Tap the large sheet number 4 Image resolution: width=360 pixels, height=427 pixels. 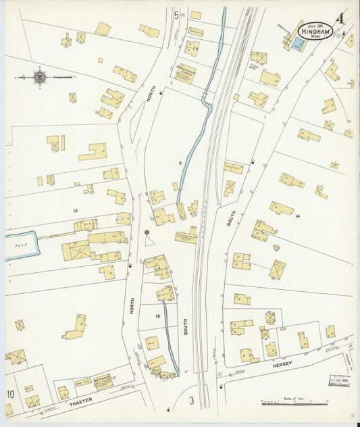click(x=342, y=19)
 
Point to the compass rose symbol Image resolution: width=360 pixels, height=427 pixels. click(x=40, y=78)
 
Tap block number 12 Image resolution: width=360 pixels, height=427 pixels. click(x=76, y=211)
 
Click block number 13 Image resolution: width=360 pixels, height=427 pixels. click(x=157, y=316)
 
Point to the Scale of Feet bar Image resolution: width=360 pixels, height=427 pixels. click(x=291, y=403)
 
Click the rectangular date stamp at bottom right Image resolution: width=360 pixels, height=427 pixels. click(x=339, y=382)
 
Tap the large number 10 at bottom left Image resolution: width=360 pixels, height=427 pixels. click(x=10, y=394)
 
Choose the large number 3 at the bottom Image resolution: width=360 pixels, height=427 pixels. click(x=191, y=401)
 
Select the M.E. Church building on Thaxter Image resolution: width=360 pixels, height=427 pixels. click(x=103, y=382)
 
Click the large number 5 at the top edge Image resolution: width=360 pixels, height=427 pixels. click(x=176, y=15)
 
